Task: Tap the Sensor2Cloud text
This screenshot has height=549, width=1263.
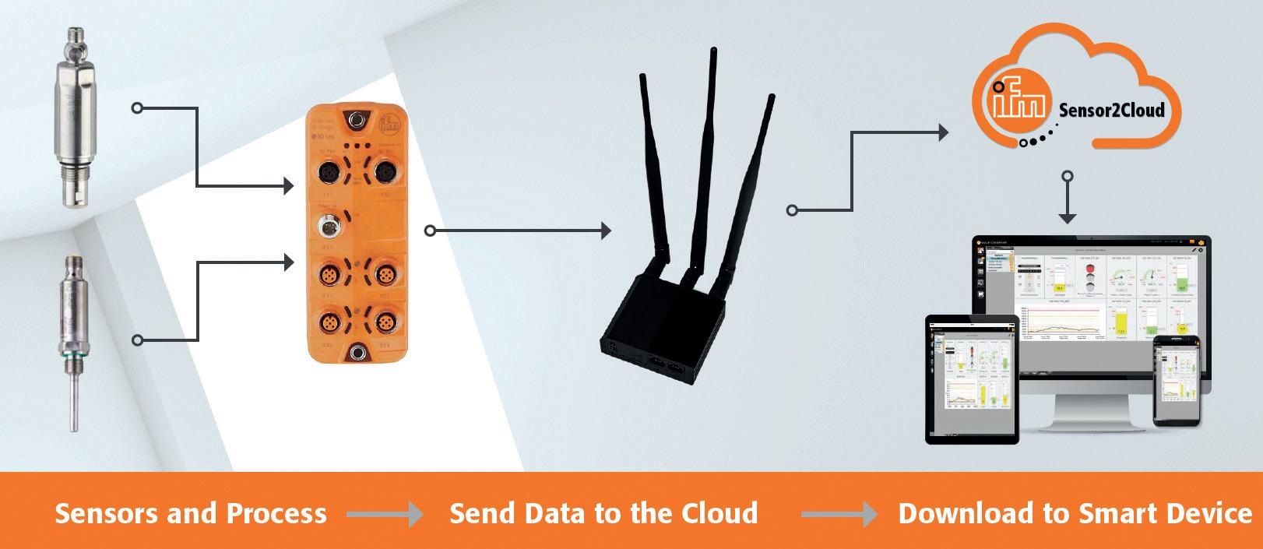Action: coord(1111,110)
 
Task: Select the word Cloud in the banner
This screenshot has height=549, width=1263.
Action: coord(719,514)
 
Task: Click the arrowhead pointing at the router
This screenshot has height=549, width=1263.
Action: coord(606,231)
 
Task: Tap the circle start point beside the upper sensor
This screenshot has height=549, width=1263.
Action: coord(137,108)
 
